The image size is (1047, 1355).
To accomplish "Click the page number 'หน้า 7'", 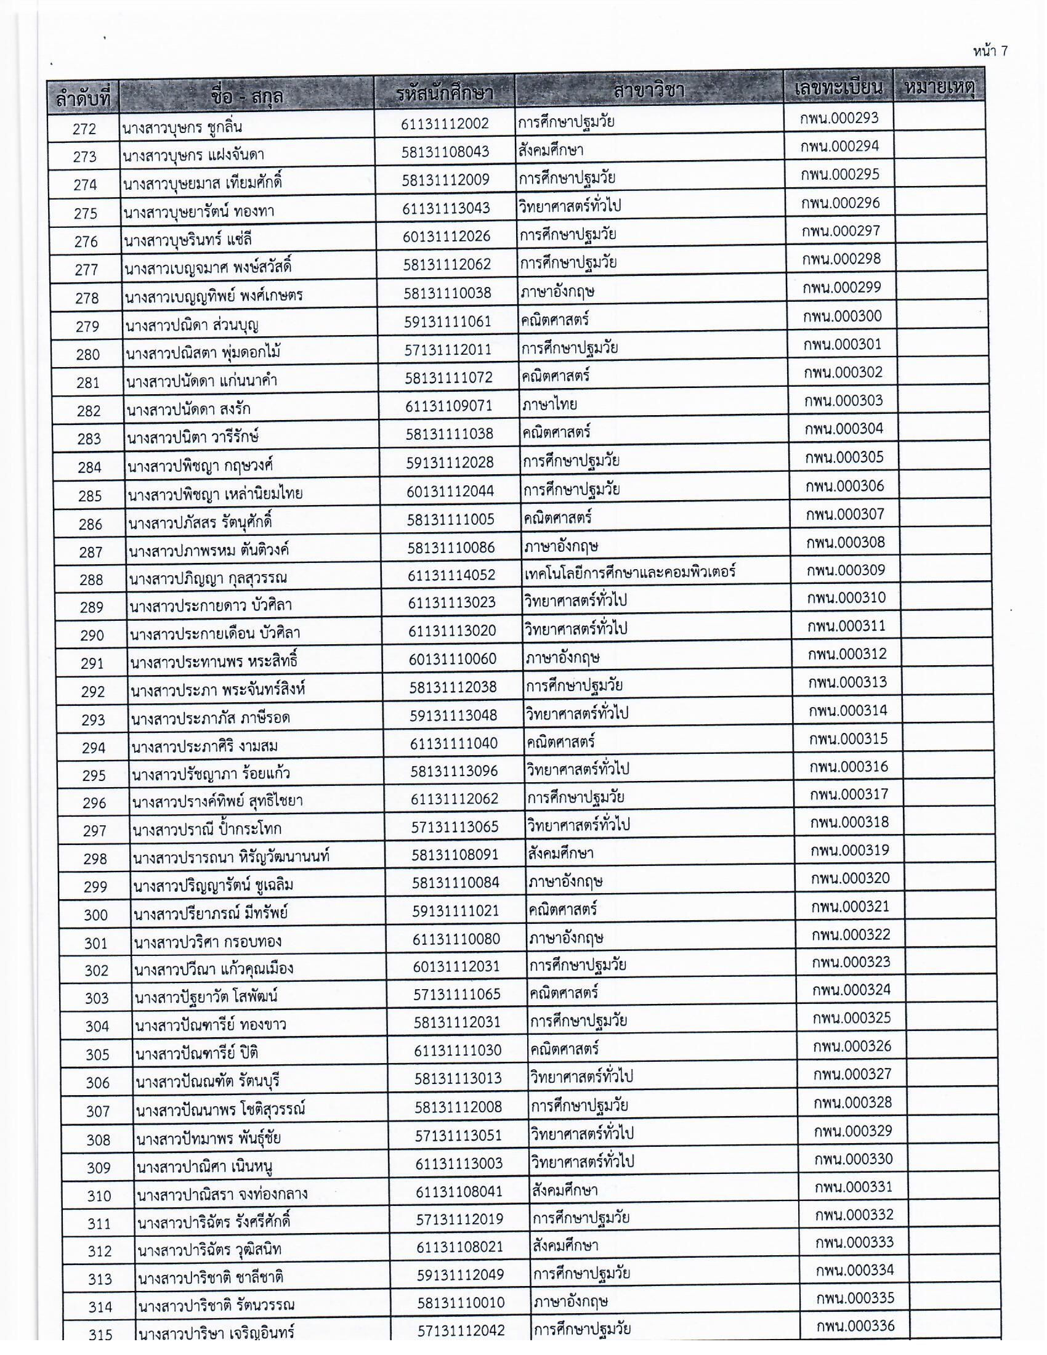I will pyautogui.click(x=990, y=51).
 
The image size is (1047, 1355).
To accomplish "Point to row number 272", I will pyautogui.click(x=84, y=129).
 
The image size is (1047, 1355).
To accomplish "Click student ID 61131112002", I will pyautogui.click(x=445, y=123).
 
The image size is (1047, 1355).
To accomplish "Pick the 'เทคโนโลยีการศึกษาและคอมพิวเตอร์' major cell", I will pyautogui.click(x=629, y=572).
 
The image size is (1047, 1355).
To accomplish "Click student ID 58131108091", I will pyautogui.click(x=455, y=855).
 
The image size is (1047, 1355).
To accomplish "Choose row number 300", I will pyautogui.click(x=95, y=915).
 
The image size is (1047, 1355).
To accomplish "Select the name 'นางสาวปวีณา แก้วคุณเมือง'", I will pyautogui.click(x=213, y=969).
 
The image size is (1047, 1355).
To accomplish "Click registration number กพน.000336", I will pyautogui.click(x=855, y=1327).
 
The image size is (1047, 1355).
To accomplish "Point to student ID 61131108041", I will pyautogui.click(x=459, y=1192).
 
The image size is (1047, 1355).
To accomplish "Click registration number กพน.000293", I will pyautogui.click(x=839, y=118).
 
